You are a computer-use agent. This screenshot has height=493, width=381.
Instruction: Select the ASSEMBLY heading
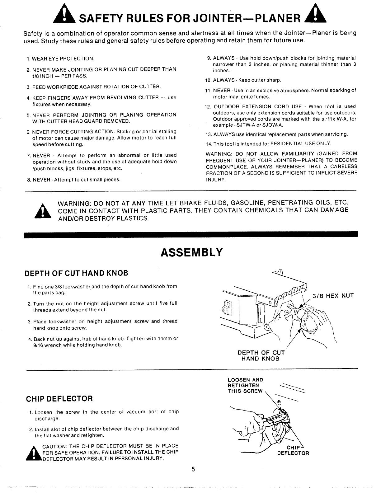tap(191, 252)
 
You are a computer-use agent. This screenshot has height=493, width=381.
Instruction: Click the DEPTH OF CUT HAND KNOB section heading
tap(76, 273)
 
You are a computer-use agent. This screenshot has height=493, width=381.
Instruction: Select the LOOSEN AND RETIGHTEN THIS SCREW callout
tap(245, 385)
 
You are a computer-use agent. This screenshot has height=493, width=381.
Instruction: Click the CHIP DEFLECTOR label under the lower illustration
tap(293, 450)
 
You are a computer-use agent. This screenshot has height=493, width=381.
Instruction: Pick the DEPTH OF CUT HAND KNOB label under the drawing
tap(261, 355)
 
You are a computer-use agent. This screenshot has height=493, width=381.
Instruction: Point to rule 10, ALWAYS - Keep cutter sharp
tap(243, 80)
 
